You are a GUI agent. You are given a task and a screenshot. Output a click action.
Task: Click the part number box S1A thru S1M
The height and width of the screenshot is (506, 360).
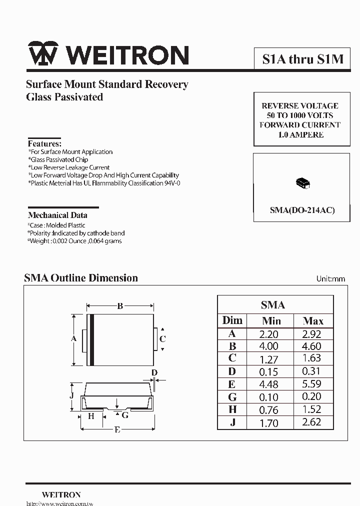303,59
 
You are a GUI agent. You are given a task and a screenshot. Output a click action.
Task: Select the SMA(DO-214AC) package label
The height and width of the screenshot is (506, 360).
302,210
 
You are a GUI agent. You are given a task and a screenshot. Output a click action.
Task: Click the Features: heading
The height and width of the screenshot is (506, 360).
44,143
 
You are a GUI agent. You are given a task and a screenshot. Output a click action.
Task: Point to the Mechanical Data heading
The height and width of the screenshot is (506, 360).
57,215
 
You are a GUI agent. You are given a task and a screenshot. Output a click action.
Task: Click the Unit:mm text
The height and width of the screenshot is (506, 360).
330,279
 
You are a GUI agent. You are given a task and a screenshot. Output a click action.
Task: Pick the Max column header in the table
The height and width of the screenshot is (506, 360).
313,321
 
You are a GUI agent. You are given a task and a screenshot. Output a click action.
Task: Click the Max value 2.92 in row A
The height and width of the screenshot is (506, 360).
312,334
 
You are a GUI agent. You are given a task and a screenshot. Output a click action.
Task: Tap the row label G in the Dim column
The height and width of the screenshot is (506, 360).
232,397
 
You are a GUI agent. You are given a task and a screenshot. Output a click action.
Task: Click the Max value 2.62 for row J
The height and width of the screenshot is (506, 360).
312,422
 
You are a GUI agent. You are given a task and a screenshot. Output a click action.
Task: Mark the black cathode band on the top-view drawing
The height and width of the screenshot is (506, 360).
91,340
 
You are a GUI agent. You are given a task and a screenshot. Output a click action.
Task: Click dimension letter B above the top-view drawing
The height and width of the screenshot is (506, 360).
120,306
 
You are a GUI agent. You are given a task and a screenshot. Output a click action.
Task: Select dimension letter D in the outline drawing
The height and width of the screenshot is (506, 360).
154,372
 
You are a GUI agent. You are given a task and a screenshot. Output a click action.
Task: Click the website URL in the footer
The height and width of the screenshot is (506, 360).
59,502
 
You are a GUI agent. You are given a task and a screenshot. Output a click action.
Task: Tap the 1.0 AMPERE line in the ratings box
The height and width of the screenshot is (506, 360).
300,134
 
